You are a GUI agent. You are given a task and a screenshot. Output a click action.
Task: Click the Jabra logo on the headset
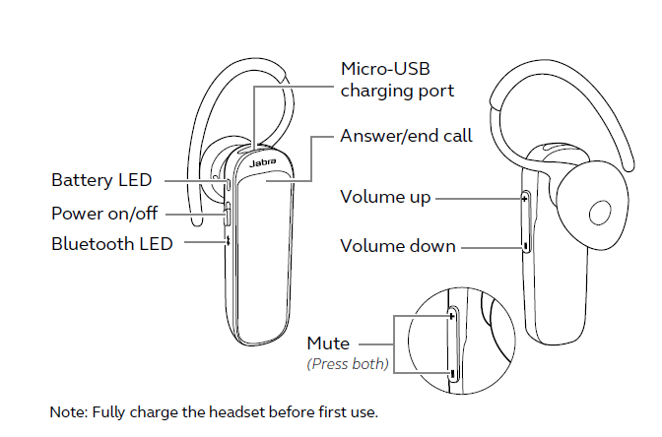[263, 162]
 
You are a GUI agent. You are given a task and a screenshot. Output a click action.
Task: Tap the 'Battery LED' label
[101, 180]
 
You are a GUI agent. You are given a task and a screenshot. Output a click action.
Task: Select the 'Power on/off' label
[104, 214]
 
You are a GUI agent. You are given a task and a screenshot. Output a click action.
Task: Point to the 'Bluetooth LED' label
[112, 244]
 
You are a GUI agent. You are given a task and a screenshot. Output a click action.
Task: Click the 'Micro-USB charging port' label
[397, 80]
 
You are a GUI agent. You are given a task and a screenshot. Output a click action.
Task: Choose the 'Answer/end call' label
[406, 136]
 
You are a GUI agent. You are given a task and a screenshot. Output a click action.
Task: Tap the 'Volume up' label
[385, 198]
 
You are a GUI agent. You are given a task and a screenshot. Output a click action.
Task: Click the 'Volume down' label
[398, 246]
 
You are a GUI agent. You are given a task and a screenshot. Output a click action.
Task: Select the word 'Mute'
[328, 343]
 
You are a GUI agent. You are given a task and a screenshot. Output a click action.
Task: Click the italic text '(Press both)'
[348, 363]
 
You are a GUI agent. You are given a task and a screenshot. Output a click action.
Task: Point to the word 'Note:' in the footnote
[69, 412]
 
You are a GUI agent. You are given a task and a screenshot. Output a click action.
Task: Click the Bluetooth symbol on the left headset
[227, 240]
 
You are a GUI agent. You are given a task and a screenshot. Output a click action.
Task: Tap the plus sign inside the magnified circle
[452, 316]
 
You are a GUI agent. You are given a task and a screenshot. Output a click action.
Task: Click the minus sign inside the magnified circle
[452, 373]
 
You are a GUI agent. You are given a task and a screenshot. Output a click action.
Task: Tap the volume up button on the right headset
[525, 198]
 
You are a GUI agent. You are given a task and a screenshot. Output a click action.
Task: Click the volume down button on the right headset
[526, 245]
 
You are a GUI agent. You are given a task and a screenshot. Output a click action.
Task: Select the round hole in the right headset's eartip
[600, 213]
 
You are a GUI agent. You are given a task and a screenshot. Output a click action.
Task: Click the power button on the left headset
[228, 213]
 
